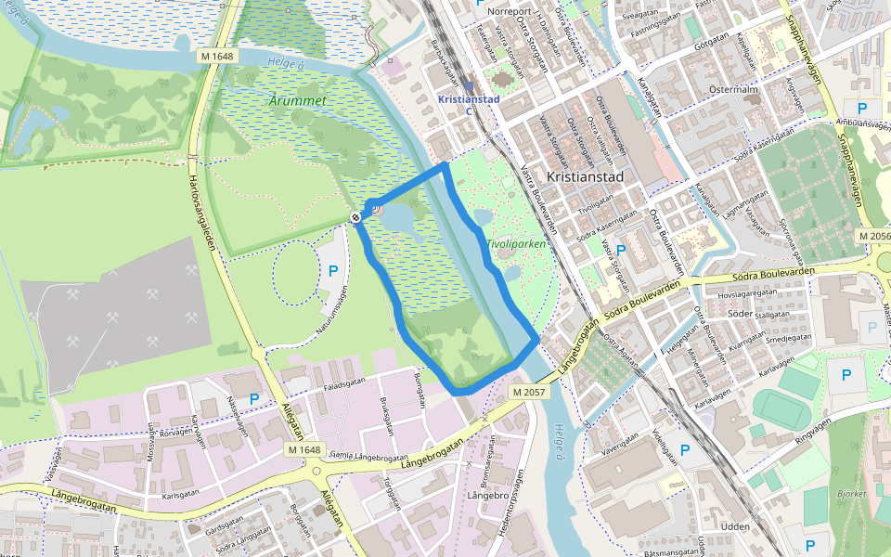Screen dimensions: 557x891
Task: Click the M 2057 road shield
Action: (529, 393)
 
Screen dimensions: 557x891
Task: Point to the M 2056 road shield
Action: (874, 237)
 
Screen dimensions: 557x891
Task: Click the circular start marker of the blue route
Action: (356, 216)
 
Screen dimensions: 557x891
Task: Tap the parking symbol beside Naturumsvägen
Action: (333, 272)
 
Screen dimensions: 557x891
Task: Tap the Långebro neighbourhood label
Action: (486, 496)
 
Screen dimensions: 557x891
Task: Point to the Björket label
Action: (851, 495)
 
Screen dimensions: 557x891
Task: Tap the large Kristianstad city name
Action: (584, 175)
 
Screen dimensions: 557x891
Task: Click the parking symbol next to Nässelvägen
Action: (254, 398)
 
